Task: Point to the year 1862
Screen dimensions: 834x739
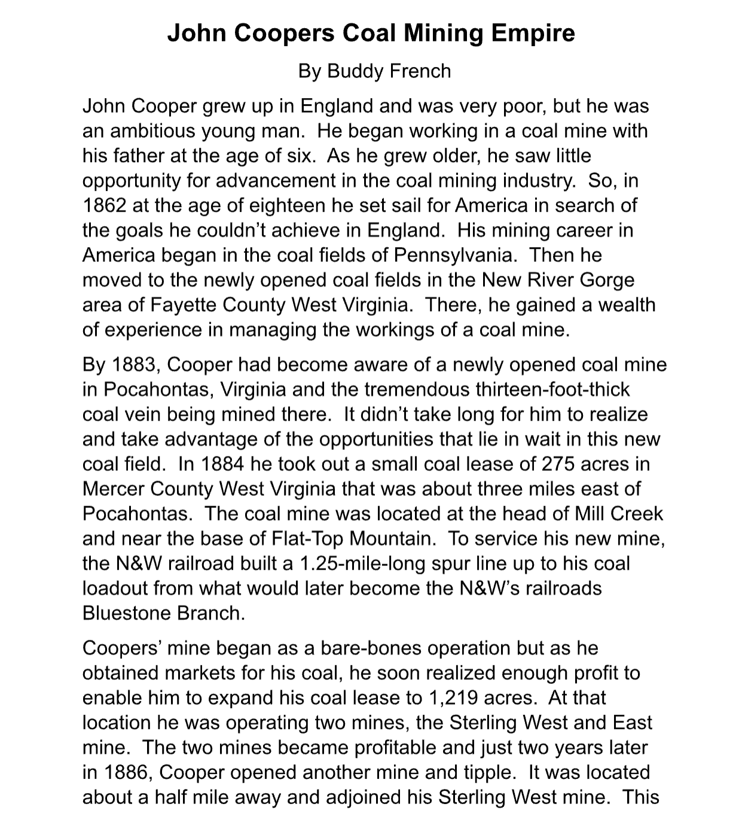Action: [x=105, y=205]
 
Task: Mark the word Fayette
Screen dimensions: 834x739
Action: [x=184, y=305]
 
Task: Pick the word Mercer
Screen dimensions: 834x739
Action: [x=114, y=489]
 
